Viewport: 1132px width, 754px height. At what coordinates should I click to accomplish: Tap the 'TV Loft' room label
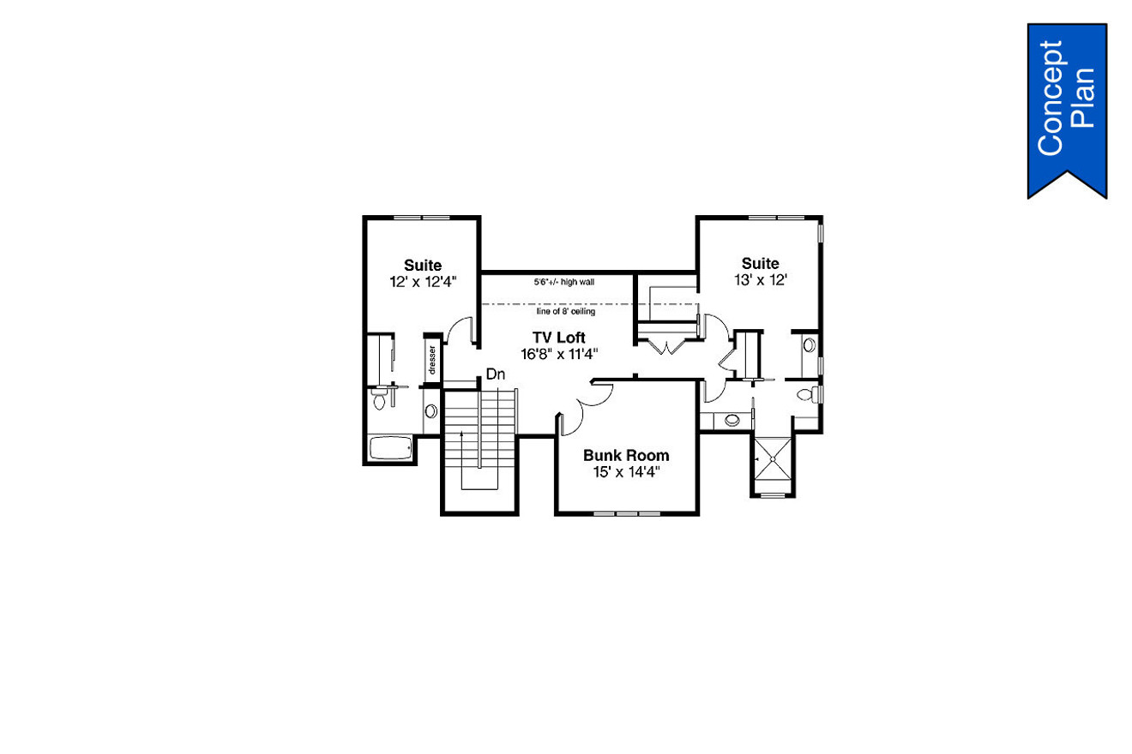point(558,337)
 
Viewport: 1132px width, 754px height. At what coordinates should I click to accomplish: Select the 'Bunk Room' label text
point(626,456)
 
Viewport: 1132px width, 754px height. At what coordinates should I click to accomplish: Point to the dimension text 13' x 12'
point(760,279)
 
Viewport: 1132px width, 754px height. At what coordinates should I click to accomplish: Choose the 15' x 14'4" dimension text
point(626,471)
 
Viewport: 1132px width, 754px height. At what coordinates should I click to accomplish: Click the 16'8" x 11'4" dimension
point(558,353)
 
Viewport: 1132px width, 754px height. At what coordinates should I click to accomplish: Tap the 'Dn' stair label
point(495,374)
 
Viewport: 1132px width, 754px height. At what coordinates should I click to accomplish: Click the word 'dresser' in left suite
point(432,361)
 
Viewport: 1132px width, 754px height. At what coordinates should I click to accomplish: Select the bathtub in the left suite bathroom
point(389,448)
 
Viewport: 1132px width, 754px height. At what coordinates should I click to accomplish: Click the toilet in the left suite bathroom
point(379,402)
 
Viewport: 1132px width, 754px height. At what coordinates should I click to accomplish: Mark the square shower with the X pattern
point(774,459)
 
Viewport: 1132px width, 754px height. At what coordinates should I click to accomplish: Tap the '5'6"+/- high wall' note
point(563,281)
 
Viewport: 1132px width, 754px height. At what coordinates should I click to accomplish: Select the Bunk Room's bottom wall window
point(627,514)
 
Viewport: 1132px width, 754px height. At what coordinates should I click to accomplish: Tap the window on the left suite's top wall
point(421,218)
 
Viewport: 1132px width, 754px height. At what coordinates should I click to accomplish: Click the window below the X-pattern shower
point(774,496)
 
